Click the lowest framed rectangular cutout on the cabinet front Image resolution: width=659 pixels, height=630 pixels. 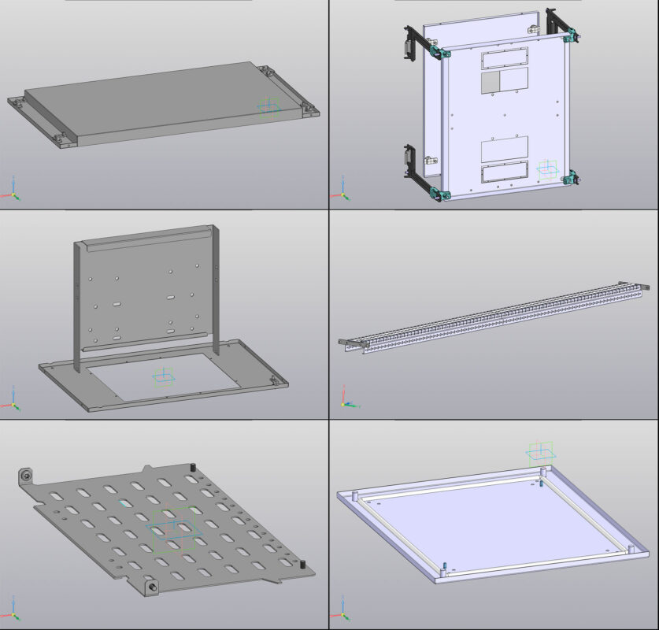(504, 175)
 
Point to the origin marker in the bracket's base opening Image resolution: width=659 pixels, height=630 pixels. (163, 377)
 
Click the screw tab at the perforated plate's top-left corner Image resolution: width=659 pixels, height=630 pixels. (25, 476)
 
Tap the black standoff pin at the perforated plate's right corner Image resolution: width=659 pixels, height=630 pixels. (302, 565)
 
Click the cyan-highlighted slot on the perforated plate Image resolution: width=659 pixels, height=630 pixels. (125, 502)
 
